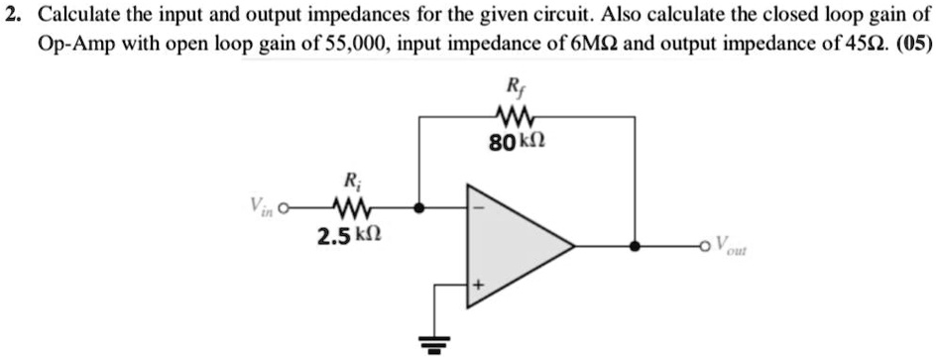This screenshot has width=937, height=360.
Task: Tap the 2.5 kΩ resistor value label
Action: tap(346, 237)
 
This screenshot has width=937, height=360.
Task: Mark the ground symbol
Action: tap(433, 343)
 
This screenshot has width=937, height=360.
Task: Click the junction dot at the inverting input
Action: tap(420, 209)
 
